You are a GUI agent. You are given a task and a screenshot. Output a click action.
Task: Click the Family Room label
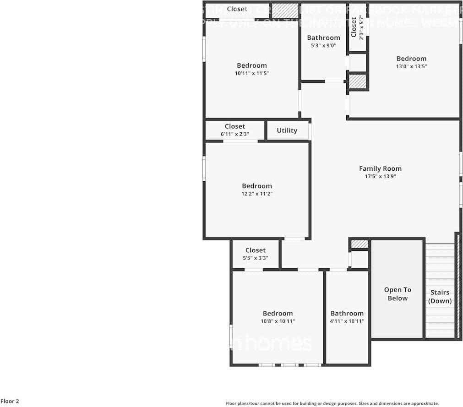pos(380,168)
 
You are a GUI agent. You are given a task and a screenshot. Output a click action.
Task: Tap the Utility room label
pos(287,130)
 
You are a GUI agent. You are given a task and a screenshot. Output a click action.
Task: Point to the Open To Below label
pos(398,294)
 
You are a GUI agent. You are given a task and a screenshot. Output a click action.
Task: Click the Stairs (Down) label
pos(440,297)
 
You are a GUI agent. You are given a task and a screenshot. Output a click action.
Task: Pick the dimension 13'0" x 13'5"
pos(411,66)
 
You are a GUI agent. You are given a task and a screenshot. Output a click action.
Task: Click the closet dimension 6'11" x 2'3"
pos(234,134)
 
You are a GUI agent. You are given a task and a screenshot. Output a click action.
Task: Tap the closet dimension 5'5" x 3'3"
pos(255,258)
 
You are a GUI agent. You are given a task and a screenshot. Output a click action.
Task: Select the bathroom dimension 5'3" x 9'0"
pos(323,45)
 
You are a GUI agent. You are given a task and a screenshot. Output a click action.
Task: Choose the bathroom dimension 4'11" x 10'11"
pos(347,321)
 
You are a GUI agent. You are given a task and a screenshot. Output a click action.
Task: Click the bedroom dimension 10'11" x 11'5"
pos(251,73)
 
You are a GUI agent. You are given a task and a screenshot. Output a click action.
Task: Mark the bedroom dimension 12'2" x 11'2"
pos(257,194)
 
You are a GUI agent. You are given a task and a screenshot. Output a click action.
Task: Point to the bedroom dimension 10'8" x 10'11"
pos(278,321)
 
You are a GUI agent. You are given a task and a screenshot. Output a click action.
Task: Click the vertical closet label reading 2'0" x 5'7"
pos(361,27)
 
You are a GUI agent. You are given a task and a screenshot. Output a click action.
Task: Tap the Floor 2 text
pos(10,402)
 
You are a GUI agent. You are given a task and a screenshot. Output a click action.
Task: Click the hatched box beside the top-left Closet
pos(285,11)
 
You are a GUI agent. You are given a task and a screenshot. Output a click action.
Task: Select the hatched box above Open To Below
pos(360,244)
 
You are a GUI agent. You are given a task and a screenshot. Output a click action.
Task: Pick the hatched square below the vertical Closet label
pos(358,81)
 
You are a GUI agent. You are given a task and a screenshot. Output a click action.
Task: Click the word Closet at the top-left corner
pos(237,9)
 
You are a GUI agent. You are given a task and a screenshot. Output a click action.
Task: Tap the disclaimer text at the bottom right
pos(332,403)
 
